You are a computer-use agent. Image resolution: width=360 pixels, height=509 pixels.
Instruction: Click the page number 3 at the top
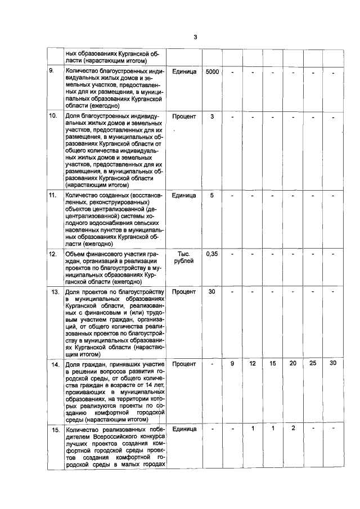pyautogui.click(x=195, y=38)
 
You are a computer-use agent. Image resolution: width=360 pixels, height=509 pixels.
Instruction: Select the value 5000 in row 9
pyautogui.click(x=212, y=73)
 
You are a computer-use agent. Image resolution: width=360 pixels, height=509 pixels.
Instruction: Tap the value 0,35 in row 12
pyautogui.click(x=212, y=254)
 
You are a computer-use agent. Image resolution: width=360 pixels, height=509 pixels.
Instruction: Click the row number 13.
pyautogui.click(x=55, y=292)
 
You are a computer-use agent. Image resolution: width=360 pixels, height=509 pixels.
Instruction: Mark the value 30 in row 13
pyautogui.click(x=212, y=292)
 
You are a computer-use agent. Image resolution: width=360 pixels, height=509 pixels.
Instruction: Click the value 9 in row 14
pyautogui.click(x=232, y=364)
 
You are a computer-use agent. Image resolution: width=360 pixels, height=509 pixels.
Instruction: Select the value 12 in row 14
pyautogui.click(x=253, y=364)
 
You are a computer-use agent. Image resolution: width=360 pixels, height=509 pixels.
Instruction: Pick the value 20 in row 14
pyautogui.click(x=292, y=364)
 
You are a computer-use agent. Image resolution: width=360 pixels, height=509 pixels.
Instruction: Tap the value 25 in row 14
pyautogui.click(x=313, y=364)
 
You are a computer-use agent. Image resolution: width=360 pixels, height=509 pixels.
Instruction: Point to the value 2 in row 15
pyautogui.click(x=292, y=429)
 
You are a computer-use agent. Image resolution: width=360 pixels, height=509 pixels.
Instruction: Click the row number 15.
pyautogui.click(x=55, y=430)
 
